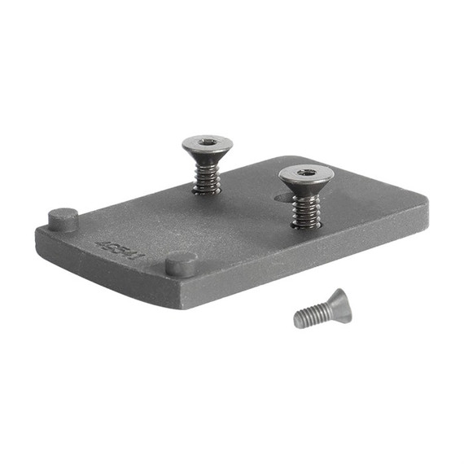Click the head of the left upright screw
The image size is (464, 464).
[x=207, y=147]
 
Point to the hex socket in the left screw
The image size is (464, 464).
[x=207, y=142]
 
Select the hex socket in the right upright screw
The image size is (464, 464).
[x=305, y=172]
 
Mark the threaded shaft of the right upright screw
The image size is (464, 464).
[x=305, y=208]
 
